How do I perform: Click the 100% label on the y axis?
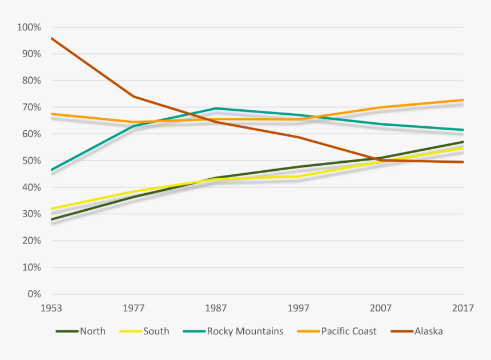pyautogui.click(x=29, y=27)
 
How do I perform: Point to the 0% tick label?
pyautogui.click(x=33, y=294)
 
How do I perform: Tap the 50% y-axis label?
pyautogui.click(x=31, y=161)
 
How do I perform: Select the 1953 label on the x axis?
pyautogui.click(x=51, y=309)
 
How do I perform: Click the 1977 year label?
pyautogui.click(x=133, y=309)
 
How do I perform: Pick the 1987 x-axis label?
pyautogui.click(x=216, y=309)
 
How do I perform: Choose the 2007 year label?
pyautogui.click(x=381, y=309)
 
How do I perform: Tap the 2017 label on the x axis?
pyautogui.click(x=463, y=309)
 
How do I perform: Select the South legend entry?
pyautogui.click(x=156, y=331)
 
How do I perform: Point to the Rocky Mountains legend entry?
pyautogui.click(x=244, y=331)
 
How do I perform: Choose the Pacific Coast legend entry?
pyautogui.click(x=348, y=331)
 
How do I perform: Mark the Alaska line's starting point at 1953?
pyautogui.click(x=51, y=38)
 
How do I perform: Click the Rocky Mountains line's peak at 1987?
pyautogui.click(x=216, y=108)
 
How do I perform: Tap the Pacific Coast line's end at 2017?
pyautogui.click(x=463, y=100)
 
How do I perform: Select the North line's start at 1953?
pyautogui.click(x=51, y=219)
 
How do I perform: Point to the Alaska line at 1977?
pyautogui.click(x=134, y=97)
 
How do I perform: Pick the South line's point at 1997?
pyautogui.click(x=298, y=177)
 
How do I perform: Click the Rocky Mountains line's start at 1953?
pyautogui.click(x=51, y=170)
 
